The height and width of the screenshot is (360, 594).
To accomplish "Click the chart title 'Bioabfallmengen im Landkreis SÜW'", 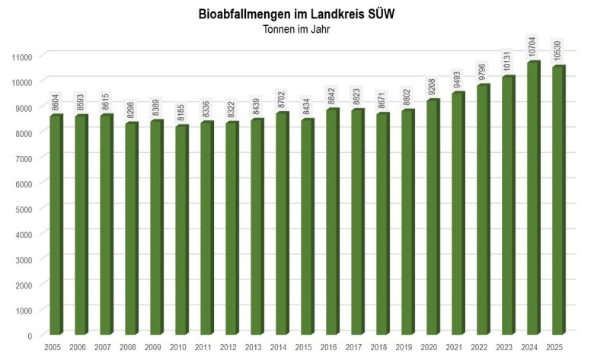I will [x=296, y=14].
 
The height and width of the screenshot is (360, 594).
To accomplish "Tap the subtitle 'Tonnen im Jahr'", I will [x=296, y=30].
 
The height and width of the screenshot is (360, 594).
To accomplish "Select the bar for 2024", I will [x=533, y=198].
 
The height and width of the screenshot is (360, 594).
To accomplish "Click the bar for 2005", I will [x=55, y=225].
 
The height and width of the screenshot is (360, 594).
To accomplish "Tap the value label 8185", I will [x=182, y=111].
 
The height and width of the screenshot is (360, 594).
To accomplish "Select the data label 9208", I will [x=433, y=85].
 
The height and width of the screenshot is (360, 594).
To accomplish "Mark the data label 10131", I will [x=509, y=60].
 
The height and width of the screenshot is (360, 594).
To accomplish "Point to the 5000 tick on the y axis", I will [x=23, y=209].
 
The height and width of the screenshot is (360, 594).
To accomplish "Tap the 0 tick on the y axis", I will [x=30, y=336].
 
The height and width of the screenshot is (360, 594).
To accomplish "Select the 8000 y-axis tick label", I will [x=23, y=133].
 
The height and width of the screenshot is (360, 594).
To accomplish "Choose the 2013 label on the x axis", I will [x=257, y=348].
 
